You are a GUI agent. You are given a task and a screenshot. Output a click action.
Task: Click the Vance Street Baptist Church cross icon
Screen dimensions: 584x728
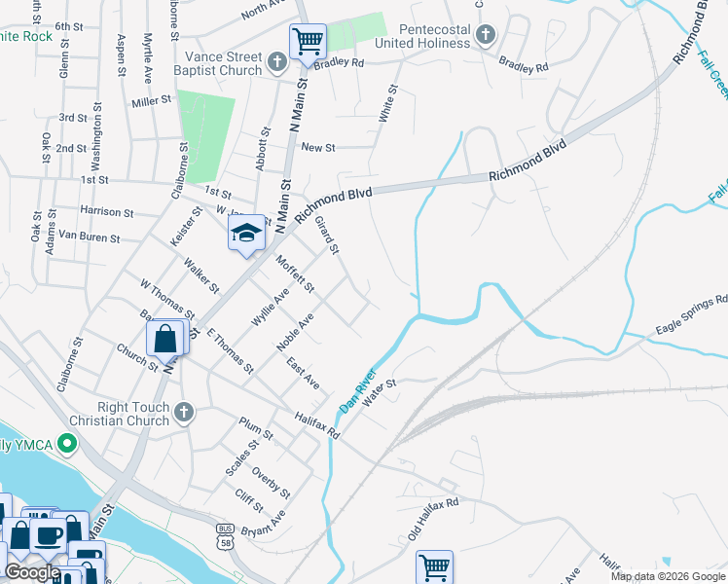pos(277,62)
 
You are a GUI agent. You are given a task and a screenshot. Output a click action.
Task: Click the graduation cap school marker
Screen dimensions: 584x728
pos(247,233)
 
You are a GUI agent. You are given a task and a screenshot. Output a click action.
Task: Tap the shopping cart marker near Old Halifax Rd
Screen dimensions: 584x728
pos(433,566)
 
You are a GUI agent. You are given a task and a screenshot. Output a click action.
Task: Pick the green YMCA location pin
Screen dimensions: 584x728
pos(66,445)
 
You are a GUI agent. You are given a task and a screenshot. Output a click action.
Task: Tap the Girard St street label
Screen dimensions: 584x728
pos(326,236)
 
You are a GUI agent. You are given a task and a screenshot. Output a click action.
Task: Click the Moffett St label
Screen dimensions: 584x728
pos(295,274)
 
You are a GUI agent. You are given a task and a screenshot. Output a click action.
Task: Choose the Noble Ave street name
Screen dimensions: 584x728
pos(295,333)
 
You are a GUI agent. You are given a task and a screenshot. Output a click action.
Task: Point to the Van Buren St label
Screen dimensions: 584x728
pos(89,237)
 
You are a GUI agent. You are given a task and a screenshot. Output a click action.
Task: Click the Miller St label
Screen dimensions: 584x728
pos(151,100)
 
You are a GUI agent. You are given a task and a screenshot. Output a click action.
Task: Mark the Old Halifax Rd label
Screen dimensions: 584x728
pos(433,517)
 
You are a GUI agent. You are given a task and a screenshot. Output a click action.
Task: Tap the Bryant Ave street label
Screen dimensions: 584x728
pos(265,526)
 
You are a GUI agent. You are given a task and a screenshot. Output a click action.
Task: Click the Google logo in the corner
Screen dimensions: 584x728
pos(32,572)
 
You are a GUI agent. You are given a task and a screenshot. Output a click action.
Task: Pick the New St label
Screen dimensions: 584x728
pos(318,147)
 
